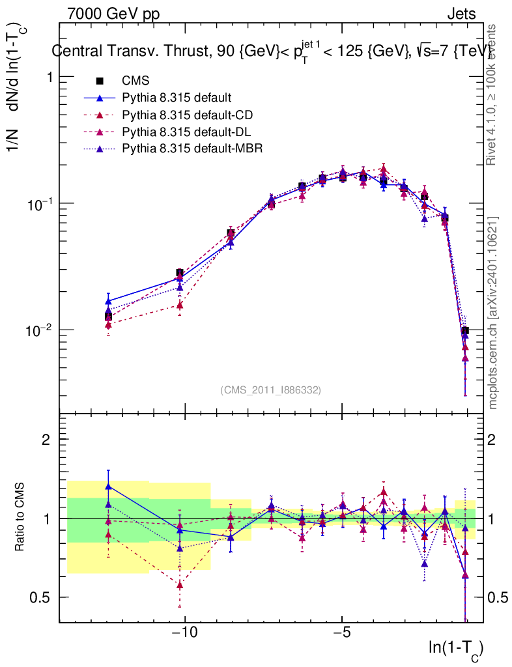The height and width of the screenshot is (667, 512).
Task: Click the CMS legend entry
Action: (135, 81)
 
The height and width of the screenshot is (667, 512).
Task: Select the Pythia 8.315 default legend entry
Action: (177, 98)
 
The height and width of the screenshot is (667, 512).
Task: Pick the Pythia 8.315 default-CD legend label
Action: (187, 115)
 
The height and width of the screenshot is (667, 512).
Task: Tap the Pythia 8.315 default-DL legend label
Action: (186, 132)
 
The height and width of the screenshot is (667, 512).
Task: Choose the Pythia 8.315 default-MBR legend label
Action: (192, 148)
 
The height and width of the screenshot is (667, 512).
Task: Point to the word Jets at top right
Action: (461, 14)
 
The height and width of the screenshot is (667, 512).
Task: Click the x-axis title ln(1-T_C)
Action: (456, 648)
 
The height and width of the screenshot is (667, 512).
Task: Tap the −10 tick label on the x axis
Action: (185, 632)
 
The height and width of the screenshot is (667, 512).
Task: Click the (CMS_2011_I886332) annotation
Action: (270, 390)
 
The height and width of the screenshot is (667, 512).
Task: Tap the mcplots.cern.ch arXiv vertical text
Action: (494, 313)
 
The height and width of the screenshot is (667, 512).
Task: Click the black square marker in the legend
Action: (100, 81)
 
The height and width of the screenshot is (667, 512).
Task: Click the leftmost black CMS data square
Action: (108, 317)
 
